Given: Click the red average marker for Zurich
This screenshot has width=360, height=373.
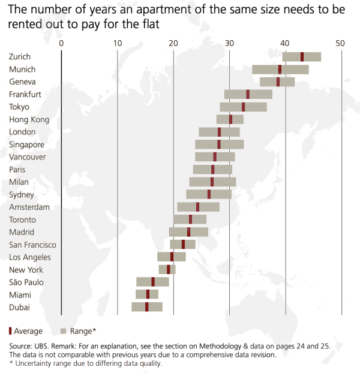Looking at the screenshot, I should [x=302, y=56].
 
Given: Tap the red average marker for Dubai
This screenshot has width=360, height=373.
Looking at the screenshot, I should [x=146, y=307].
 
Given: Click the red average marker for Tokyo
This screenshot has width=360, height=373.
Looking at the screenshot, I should [x=243, y=107].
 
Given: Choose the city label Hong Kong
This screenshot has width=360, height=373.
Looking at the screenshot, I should [x=29, y=119].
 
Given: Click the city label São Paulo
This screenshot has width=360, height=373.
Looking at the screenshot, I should [x=26, y=282].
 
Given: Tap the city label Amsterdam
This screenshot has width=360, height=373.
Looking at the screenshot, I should [x=29, y=207].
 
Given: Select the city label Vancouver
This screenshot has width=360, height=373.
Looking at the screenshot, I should [x=27, y=157].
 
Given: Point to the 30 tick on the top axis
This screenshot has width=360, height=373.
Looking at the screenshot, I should [x=229, y=43].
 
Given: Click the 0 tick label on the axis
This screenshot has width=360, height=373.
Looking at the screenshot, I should [x=62, y=43].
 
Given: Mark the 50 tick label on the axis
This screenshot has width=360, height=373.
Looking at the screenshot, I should [x=340, y=43].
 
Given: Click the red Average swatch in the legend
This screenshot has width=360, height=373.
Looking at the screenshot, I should [x=11, y=330].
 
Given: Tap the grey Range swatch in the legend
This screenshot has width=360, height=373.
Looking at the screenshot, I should [x=63, y=330].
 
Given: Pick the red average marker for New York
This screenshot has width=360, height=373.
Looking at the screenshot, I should [x=169, y=269].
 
